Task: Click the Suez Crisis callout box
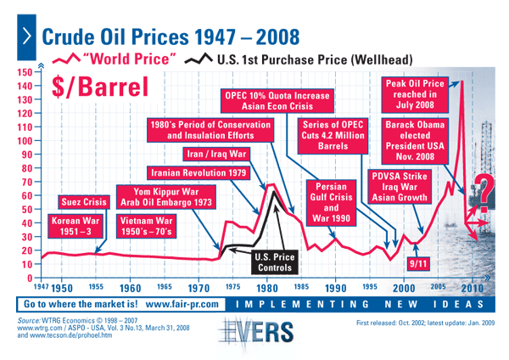point(83,202)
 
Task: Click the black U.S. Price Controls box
point(273,262)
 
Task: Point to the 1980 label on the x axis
point(267,289)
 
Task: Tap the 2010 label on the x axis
point(474,289)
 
